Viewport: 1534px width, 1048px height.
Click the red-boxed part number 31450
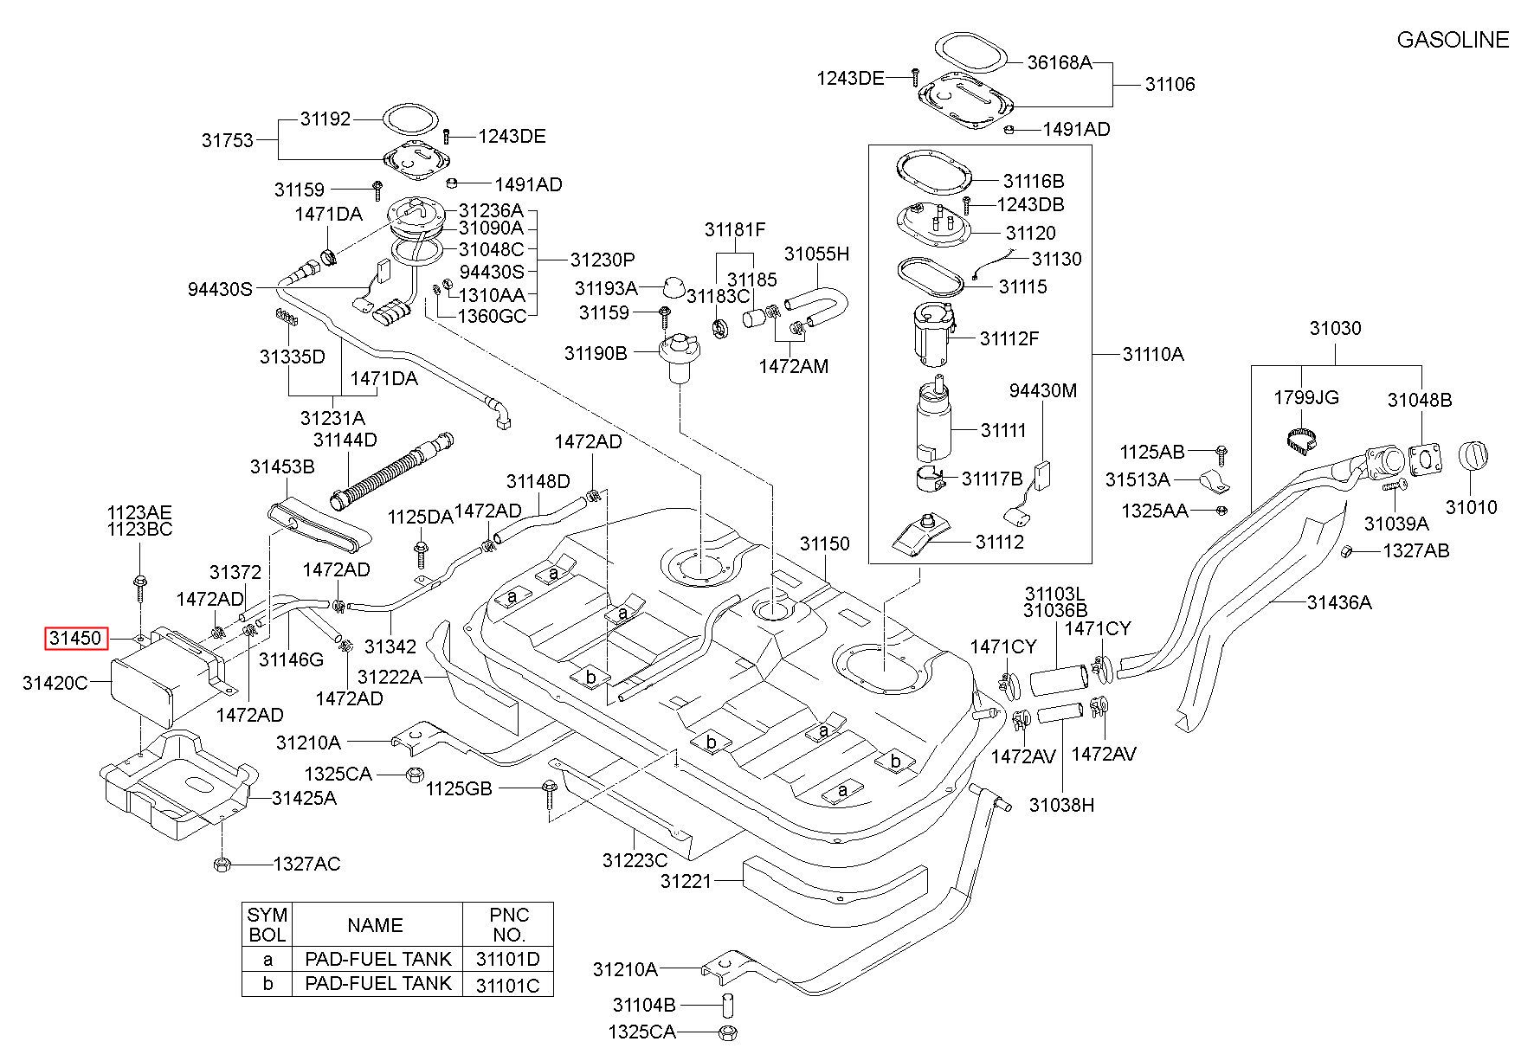(x=76, y=639)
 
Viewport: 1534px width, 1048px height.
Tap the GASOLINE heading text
(x=1453, y=40)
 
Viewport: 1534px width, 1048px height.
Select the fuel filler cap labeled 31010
(x=1472, y=457)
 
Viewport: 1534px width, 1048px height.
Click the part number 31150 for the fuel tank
(x=824, y=543)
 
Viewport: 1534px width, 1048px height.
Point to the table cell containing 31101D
(x=507, y=959)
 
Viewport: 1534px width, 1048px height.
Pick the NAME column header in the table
(x=375, y=925)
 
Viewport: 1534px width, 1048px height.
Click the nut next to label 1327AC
(x=221, y=863)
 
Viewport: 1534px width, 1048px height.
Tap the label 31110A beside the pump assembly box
(x=1152, y=354)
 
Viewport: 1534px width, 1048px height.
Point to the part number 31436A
(x=1339, y=602)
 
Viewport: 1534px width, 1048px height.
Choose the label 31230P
(x=603, y=260)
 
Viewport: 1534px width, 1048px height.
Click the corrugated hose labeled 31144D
(x=390, y=469)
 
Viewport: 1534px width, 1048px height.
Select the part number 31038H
(x=1061, y=805)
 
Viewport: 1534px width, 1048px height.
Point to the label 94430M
(x=1043, y=390)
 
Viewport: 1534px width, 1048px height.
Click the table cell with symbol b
(x=267, y=984)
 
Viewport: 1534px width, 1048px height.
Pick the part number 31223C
(x=635, y=860)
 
